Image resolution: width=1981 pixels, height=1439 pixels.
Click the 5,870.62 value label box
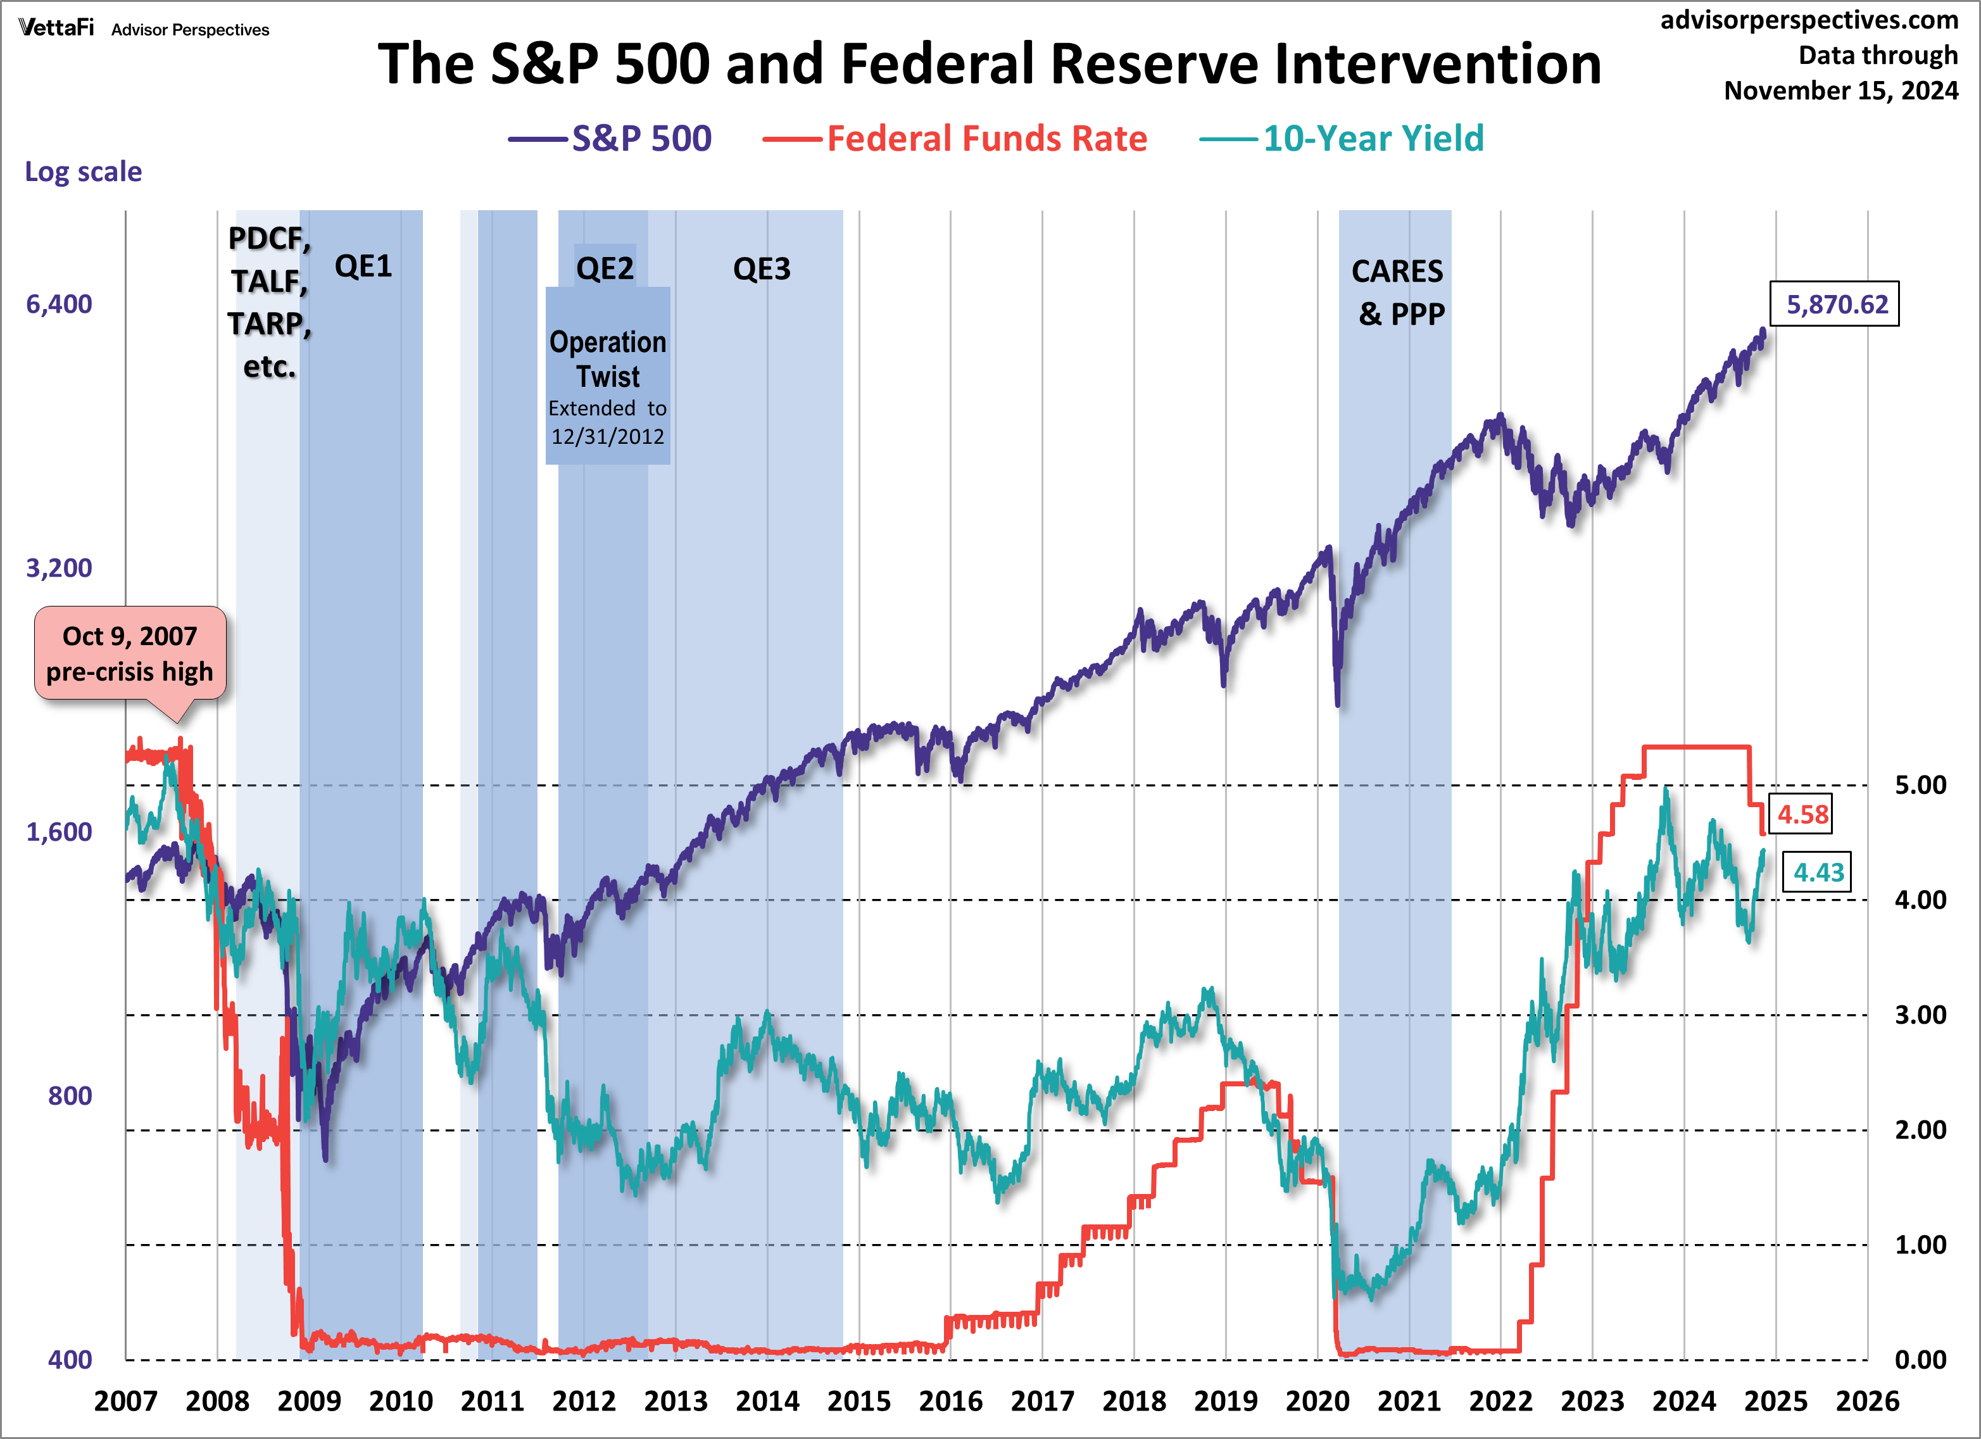point(1834,304)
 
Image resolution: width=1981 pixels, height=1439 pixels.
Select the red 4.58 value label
point(1801,815)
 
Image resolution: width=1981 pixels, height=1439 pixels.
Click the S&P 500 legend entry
point(612,138)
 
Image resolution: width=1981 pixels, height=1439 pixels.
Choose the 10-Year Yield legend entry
point(1342,138)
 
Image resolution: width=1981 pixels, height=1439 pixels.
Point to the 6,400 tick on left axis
point(58,304)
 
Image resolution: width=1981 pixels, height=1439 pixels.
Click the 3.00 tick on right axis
point(1920,1015)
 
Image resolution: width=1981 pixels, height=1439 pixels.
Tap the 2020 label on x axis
point(1317,1400)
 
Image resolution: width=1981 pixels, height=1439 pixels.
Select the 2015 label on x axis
point(858,1400)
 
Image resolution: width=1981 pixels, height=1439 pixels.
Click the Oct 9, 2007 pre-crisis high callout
point(130,653)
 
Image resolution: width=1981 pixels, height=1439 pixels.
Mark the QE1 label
point(363,267)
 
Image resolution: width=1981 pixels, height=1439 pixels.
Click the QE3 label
point(762,269)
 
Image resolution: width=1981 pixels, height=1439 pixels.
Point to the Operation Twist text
point(608,359)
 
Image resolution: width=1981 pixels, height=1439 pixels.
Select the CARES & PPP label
point(1399,292)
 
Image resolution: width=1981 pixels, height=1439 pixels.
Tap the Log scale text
point(83,171)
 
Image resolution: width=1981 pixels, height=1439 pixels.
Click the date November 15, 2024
point(1840,91)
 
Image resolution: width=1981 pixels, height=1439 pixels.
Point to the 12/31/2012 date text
point(608,437)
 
